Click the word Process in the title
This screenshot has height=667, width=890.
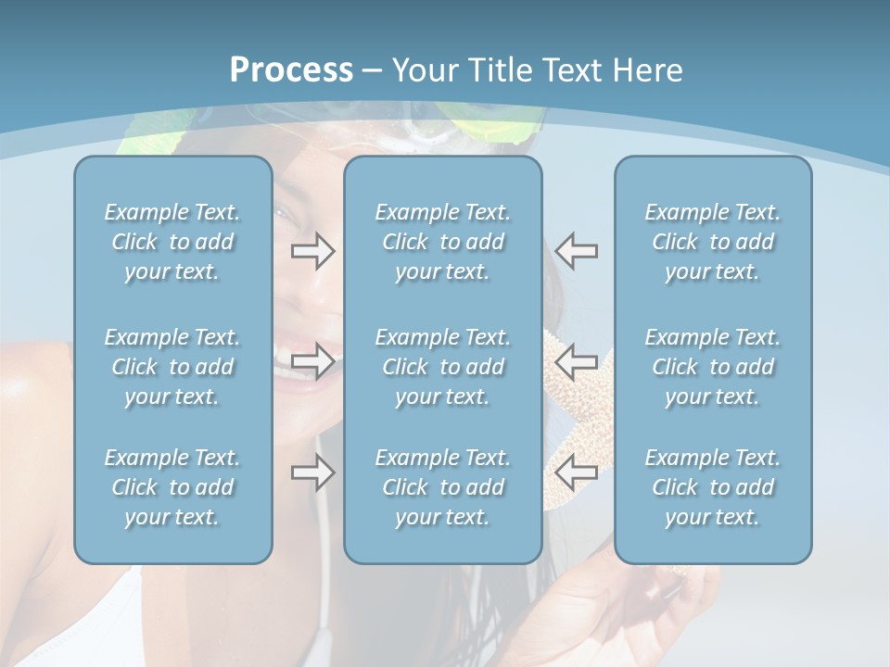point(291,70)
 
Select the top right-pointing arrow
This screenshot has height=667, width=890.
point(313,251)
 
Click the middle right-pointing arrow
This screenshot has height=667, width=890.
point(313,360)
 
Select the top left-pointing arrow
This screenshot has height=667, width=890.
point(577,251)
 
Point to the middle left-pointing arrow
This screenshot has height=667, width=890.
point(577,360)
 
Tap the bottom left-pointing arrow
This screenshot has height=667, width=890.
point(577,472)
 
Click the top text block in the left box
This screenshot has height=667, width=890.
point(172,242)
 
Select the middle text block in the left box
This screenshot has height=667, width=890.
point(172,367)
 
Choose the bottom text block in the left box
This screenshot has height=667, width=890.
point(172,487)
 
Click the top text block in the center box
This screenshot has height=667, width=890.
point(442,242)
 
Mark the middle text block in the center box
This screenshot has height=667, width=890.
point(442,367)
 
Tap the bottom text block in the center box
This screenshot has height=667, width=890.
point(442,487)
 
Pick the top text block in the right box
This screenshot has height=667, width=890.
point(712,242)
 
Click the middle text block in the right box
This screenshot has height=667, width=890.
point(712,367)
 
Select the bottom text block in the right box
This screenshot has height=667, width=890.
point(712,487)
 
